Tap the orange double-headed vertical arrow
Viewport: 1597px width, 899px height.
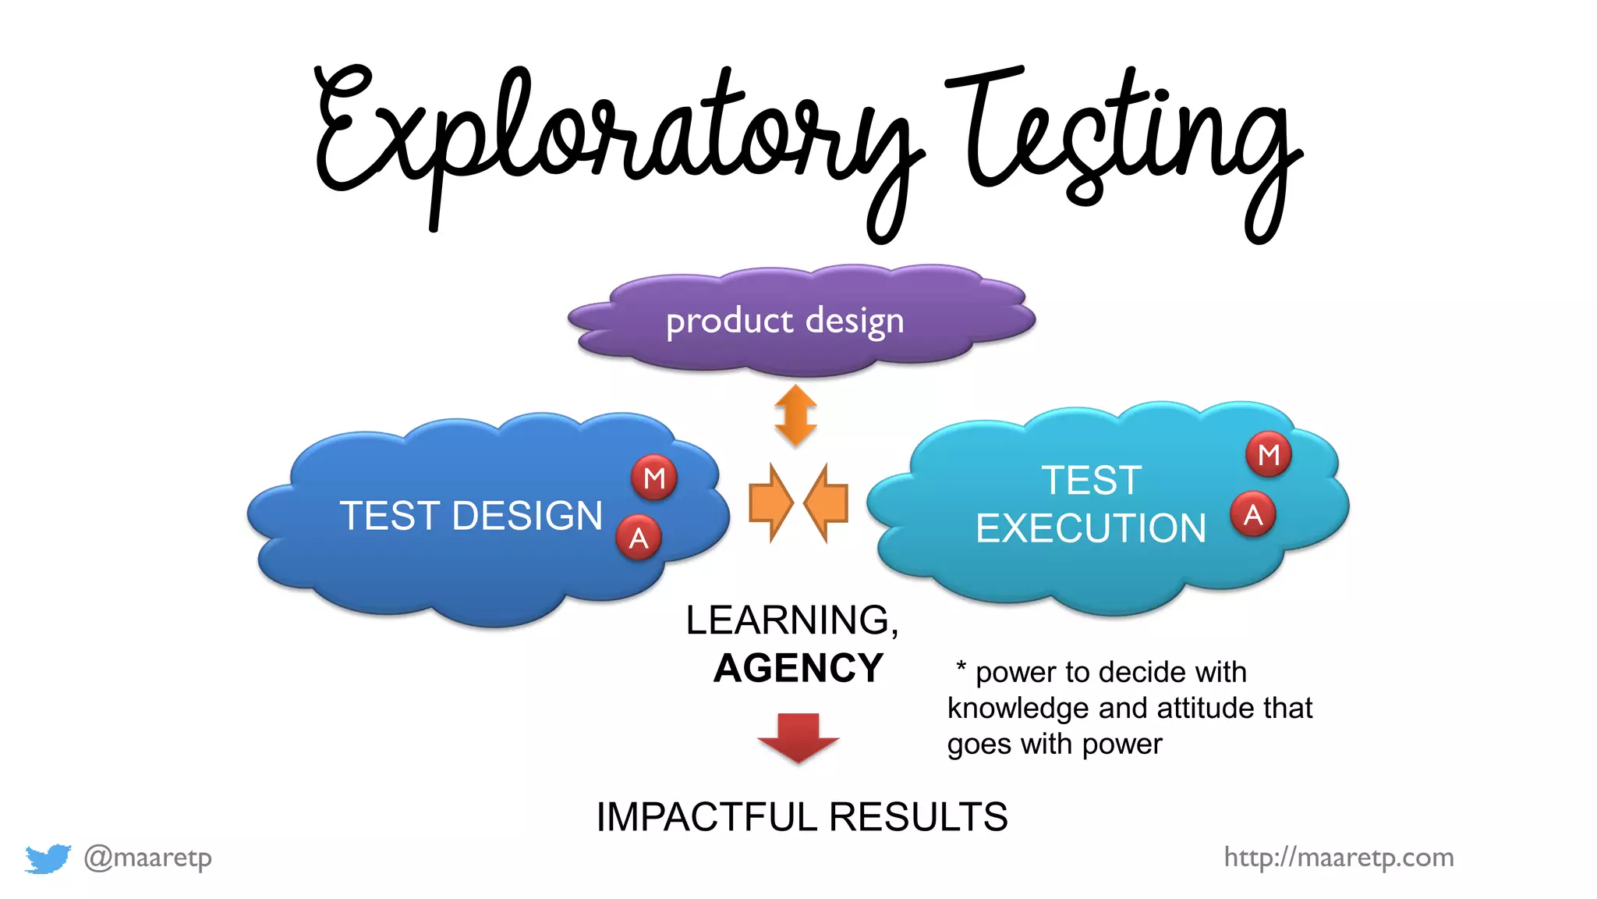coord(796,415)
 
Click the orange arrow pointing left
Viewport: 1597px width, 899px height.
coord(827,503)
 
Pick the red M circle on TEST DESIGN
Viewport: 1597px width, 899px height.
coord(654,478)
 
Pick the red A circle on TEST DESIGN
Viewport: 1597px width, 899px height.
coord(639,538)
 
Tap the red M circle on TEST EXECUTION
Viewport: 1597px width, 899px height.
coord(1269,454)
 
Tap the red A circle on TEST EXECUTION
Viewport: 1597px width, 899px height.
coord(1253,515)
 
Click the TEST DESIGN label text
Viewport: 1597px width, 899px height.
coord(471,516)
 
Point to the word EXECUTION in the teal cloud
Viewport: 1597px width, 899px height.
coord(1091,528)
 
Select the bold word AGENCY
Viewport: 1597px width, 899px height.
coord(798,668)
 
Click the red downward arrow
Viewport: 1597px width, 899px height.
coord(798,737)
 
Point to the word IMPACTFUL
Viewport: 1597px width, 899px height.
coord(706,817)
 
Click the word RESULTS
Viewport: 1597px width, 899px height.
coord(919,817)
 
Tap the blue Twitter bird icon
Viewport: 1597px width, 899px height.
coord(48,858)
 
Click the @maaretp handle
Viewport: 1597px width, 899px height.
coord(148,858)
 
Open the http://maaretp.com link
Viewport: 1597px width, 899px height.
coord(1338,858)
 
